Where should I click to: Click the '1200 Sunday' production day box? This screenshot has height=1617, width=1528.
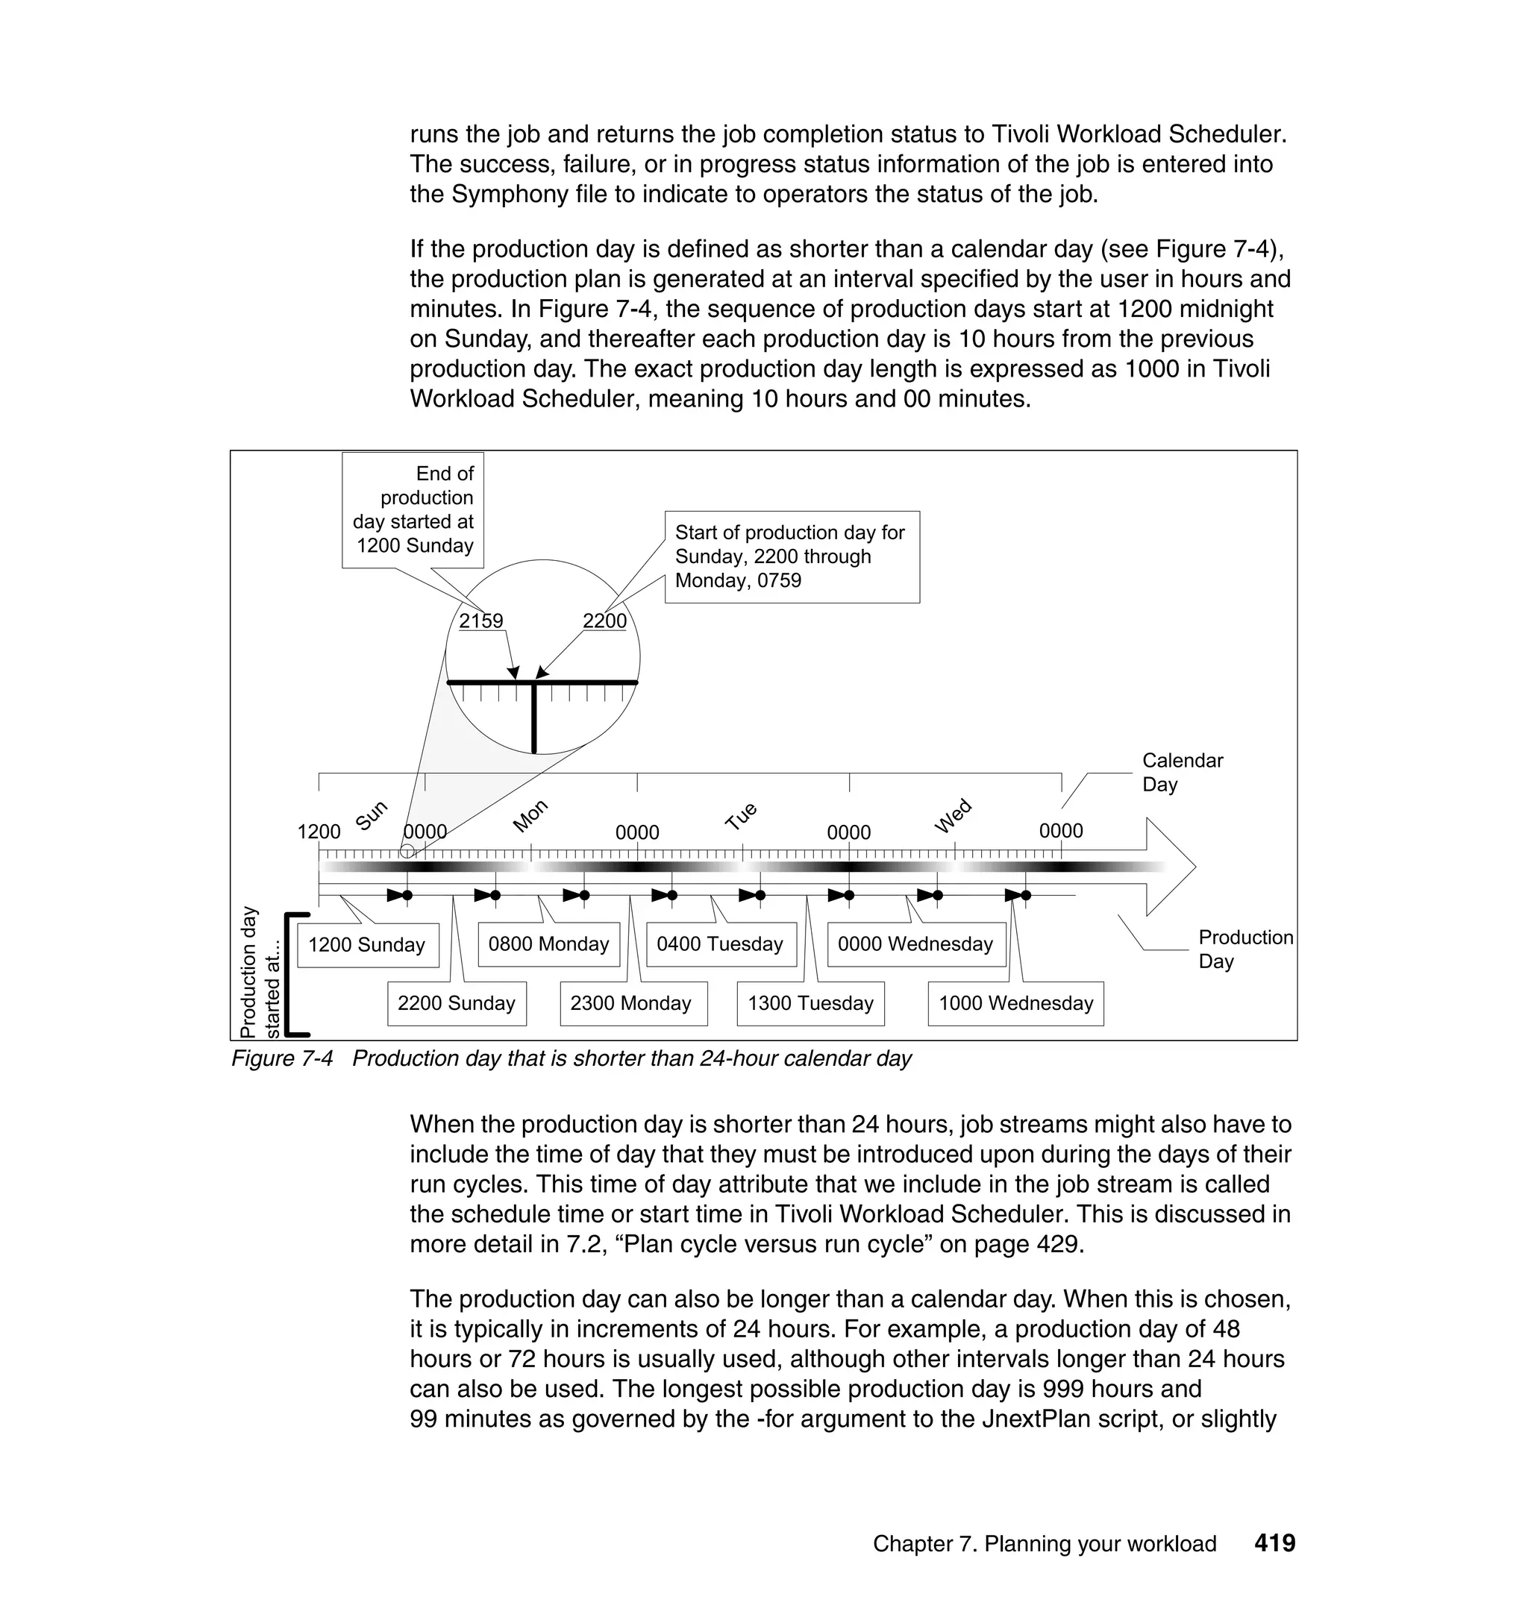[x=367, y=944]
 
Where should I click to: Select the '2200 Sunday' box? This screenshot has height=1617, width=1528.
[x=456, y=1003]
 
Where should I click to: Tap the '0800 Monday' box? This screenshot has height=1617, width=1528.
[x=548, y=943]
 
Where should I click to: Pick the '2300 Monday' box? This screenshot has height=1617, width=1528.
[x=632, y=1003]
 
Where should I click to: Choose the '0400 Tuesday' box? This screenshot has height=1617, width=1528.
[x=720, y=943]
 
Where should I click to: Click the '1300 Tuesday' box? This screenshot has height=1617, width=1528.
[x=810, y=1003]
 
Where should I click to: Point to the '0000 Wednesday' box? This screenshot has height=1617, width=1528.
[x=915, y=943]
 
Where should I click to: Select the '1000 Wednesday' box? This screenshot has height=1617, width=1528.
[x=1015, y=1003]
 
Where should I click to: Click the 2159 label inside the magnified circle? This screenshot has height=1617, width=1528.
[x=480, y=621]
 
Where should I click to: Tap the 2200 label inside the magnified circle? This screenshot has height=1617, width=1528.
[x=604, y=621]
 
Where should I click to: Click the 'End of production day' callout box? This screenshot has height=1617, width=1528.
[x=413, y=509]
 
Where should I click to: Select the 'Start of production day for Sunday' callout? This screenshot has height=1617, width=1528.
[x=791, y=557]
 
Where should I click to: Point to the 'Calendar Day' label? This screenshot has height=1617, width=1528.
[x=1181, y=772]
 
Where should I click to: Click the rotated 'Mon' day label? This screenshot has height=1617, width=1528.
[x=530, y=815]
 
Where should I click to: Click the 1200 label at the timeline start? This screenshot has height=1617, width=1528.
[x=319, y=832]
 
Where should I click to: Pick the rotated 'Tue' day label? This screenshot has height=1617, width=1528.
[x=741, y=815]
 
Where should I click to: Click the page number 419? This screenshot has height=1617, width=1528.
[x=1274, y=1543]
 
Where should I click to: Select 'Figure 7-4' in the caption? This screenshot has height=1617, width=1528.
[x=282, y=1058]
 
